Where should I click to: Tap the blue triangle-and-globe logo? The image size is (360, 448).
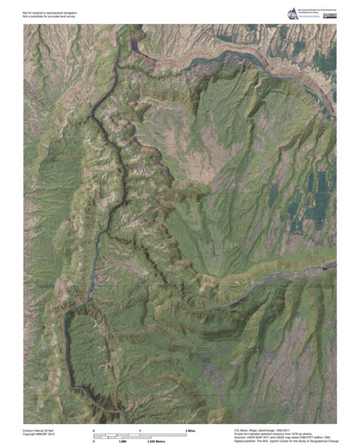coord(293,13)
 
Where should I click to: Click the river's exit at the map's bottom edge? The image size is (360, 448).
coord(120,420)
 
